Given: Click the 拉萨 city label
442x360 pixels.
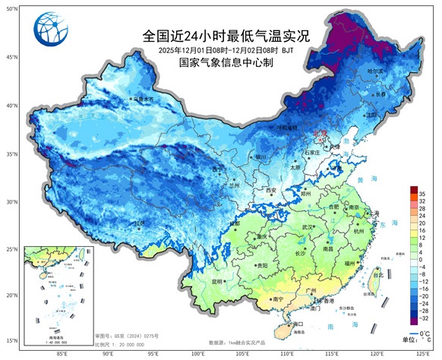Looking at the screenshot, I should point(139,223).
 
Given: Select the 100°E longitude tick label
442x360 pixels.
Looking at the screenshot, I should point(198,353).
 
